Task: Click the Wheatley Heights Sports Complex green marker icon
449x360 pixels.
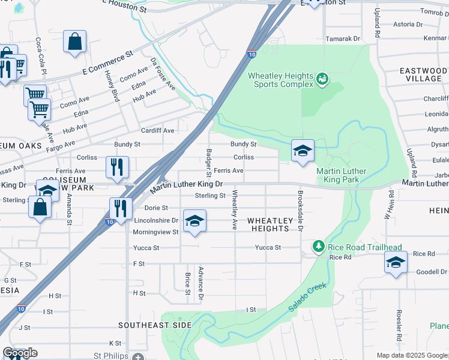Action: [x=322, y=78]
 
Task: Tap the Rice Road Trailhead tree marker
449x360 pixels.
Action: [x=318, y=246]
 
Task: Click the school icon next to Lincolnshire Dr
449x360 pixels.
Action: [x=194, y=222]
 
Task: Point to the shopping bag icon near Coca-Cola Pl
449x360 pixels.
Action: [x=74, y=43]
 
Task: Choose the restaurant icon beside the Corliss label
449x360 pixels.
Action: [x=117, y=167]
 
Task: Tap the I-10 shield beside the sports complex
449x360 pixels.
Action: [x=251, y=55]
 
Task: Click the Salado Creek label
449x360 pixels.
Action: [x=307, y=297]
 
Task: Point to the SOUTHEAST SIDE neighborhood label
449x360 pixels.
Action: [x=155, y=325]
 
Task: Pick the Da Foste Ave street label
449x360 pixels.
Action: [x=163, y=74]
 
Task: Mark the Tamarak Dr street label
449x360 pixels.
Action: [x=342, y=38]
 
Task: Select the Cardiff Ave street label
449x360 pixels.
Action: [x=157, y=130]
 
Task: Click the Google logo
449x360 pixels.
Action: [x=20, y=353]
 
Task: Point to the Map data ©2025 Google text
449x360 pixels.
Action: [x=412, y=355]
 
